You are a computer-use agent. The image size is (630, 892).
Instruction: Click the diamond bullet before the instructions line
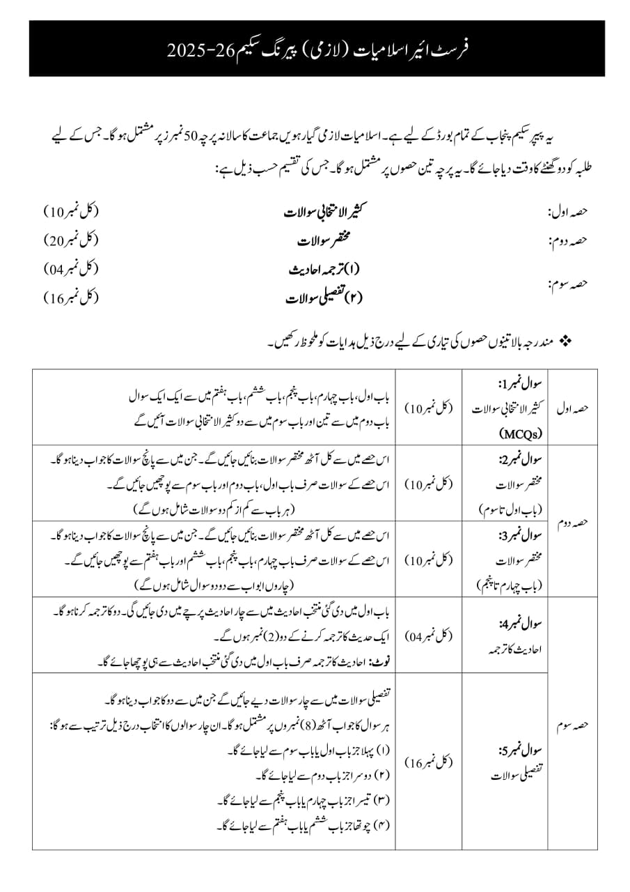565,341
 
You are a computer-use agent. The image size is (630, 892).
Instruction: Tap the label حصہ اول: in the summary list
569,212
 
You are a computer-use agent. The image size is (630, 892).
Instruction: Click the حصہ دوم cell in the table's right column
572,521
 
